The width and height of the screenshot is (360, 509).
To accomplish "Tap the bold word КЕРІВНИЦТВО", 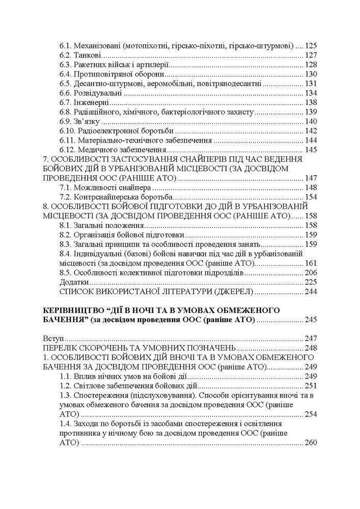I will pyautogui.click(x=74, y=310).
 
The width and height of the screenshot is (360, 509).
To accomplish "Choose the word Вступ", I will pyautogui.click(x=52, y=338).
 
